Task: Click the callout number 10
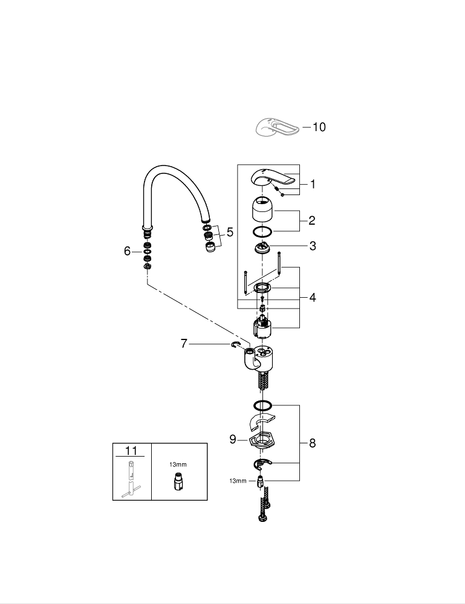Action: (318, 127)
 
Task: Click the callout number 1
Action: (313, 185)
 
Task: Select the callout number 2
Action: (312, 220)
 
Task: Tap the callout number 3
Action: (312, 246)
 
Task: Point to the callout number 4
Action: (312, 297)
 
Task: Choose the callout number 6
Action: (127, 251)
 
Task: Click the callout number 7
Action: (185, 344)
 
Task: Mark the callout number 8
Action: (312, 443)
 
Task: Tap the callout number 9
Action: (233, 439)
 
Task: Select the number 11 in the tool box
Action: (131, 451)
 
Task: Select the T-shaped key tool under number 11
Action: (131, 481)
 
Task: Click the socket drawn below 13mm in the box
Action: (178, 483)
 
